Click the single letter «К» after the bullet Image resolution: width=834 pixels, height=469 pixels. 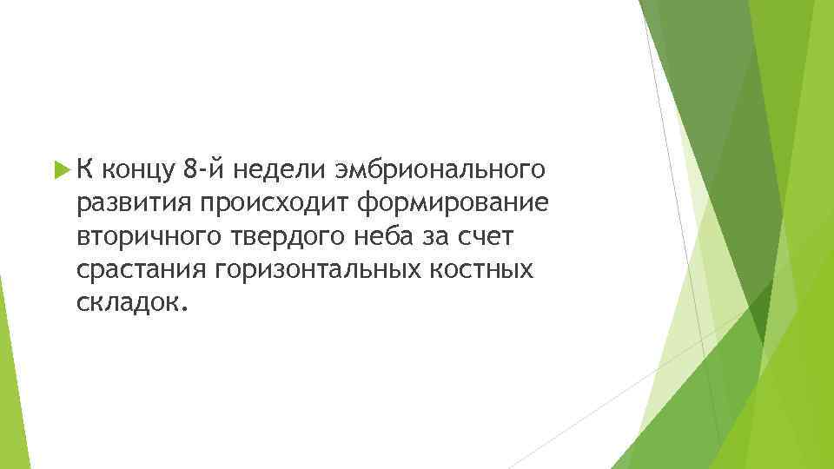pos(85,168)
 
